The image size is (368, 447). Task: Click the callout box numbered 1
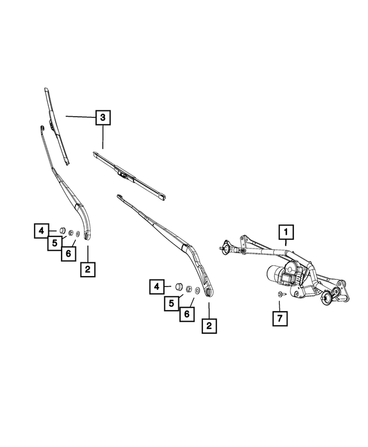tap(286, 232)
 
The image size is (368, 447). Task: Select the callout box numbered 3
tap(102, 118)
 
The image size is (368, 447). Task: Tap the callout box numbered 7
tap(279, 317)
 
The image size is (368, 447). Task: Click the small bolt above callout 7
tap(279, 295)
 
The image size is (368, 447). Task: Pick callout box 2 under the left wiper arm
tap(87, 269)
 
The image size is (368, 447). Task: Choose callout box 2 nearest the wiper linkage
tap(208, 326)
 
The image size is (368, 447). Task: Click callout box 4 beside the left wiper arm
tap(41, 231)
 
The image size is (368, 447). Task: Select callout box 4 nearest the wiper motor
tap(157, 286)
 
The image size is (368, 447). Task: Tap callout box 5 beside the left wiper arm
tap(54, 243)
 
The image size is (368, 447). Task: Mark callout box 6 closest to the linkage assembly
tap(187, 314)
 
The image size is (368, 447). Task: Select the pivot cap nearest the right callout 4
tap(179, 286)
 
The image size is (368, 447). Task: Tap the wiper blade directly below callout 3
tap(129, 175)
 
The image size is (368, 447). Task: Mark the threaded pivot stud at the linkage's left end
tap(222, 248)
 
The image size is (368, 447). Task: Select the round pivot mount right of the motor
tap(329, 296)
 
